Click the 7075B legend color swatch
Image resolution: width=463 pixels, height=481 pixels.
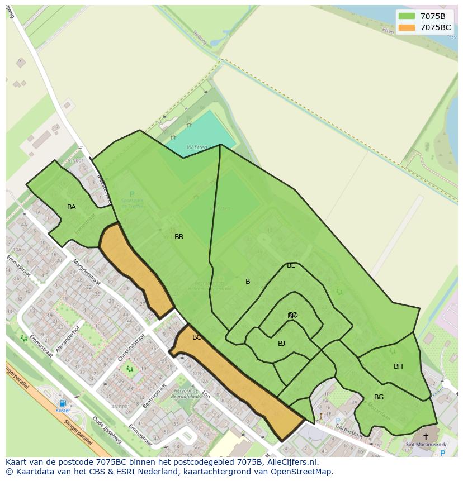(407, 16)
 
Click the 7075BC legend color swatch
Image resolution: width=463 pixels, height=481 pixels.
(407, 27)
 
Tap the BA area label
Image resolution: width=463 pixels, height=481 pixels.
(72, 207)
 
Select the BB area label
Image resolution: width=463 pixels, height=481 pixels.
(179, 237)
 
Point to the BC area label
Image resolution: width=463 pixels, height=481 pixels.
(197, 337)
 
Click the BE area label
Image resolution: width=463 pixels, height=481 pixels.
(291, 266)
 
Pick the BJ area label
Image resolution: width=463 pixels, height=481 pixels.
(282, 344)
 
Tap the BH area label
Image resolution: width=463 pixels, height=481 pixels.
(398, 366)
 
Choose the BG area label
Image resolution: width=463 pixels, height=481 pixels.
(379, 397)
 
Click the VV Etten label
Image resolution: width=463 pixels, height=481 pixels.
(196, 147)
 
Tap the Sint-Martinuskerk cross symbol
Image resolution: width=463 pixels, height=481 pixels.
(426, 436)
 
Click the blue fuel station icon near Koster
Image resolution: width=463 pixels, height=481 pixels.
(63, 403)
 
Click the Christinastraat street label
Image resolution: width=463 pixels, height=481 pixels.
(131, 347)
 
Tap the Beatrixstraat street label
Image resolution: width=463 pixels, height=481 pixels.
(154, 396)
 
